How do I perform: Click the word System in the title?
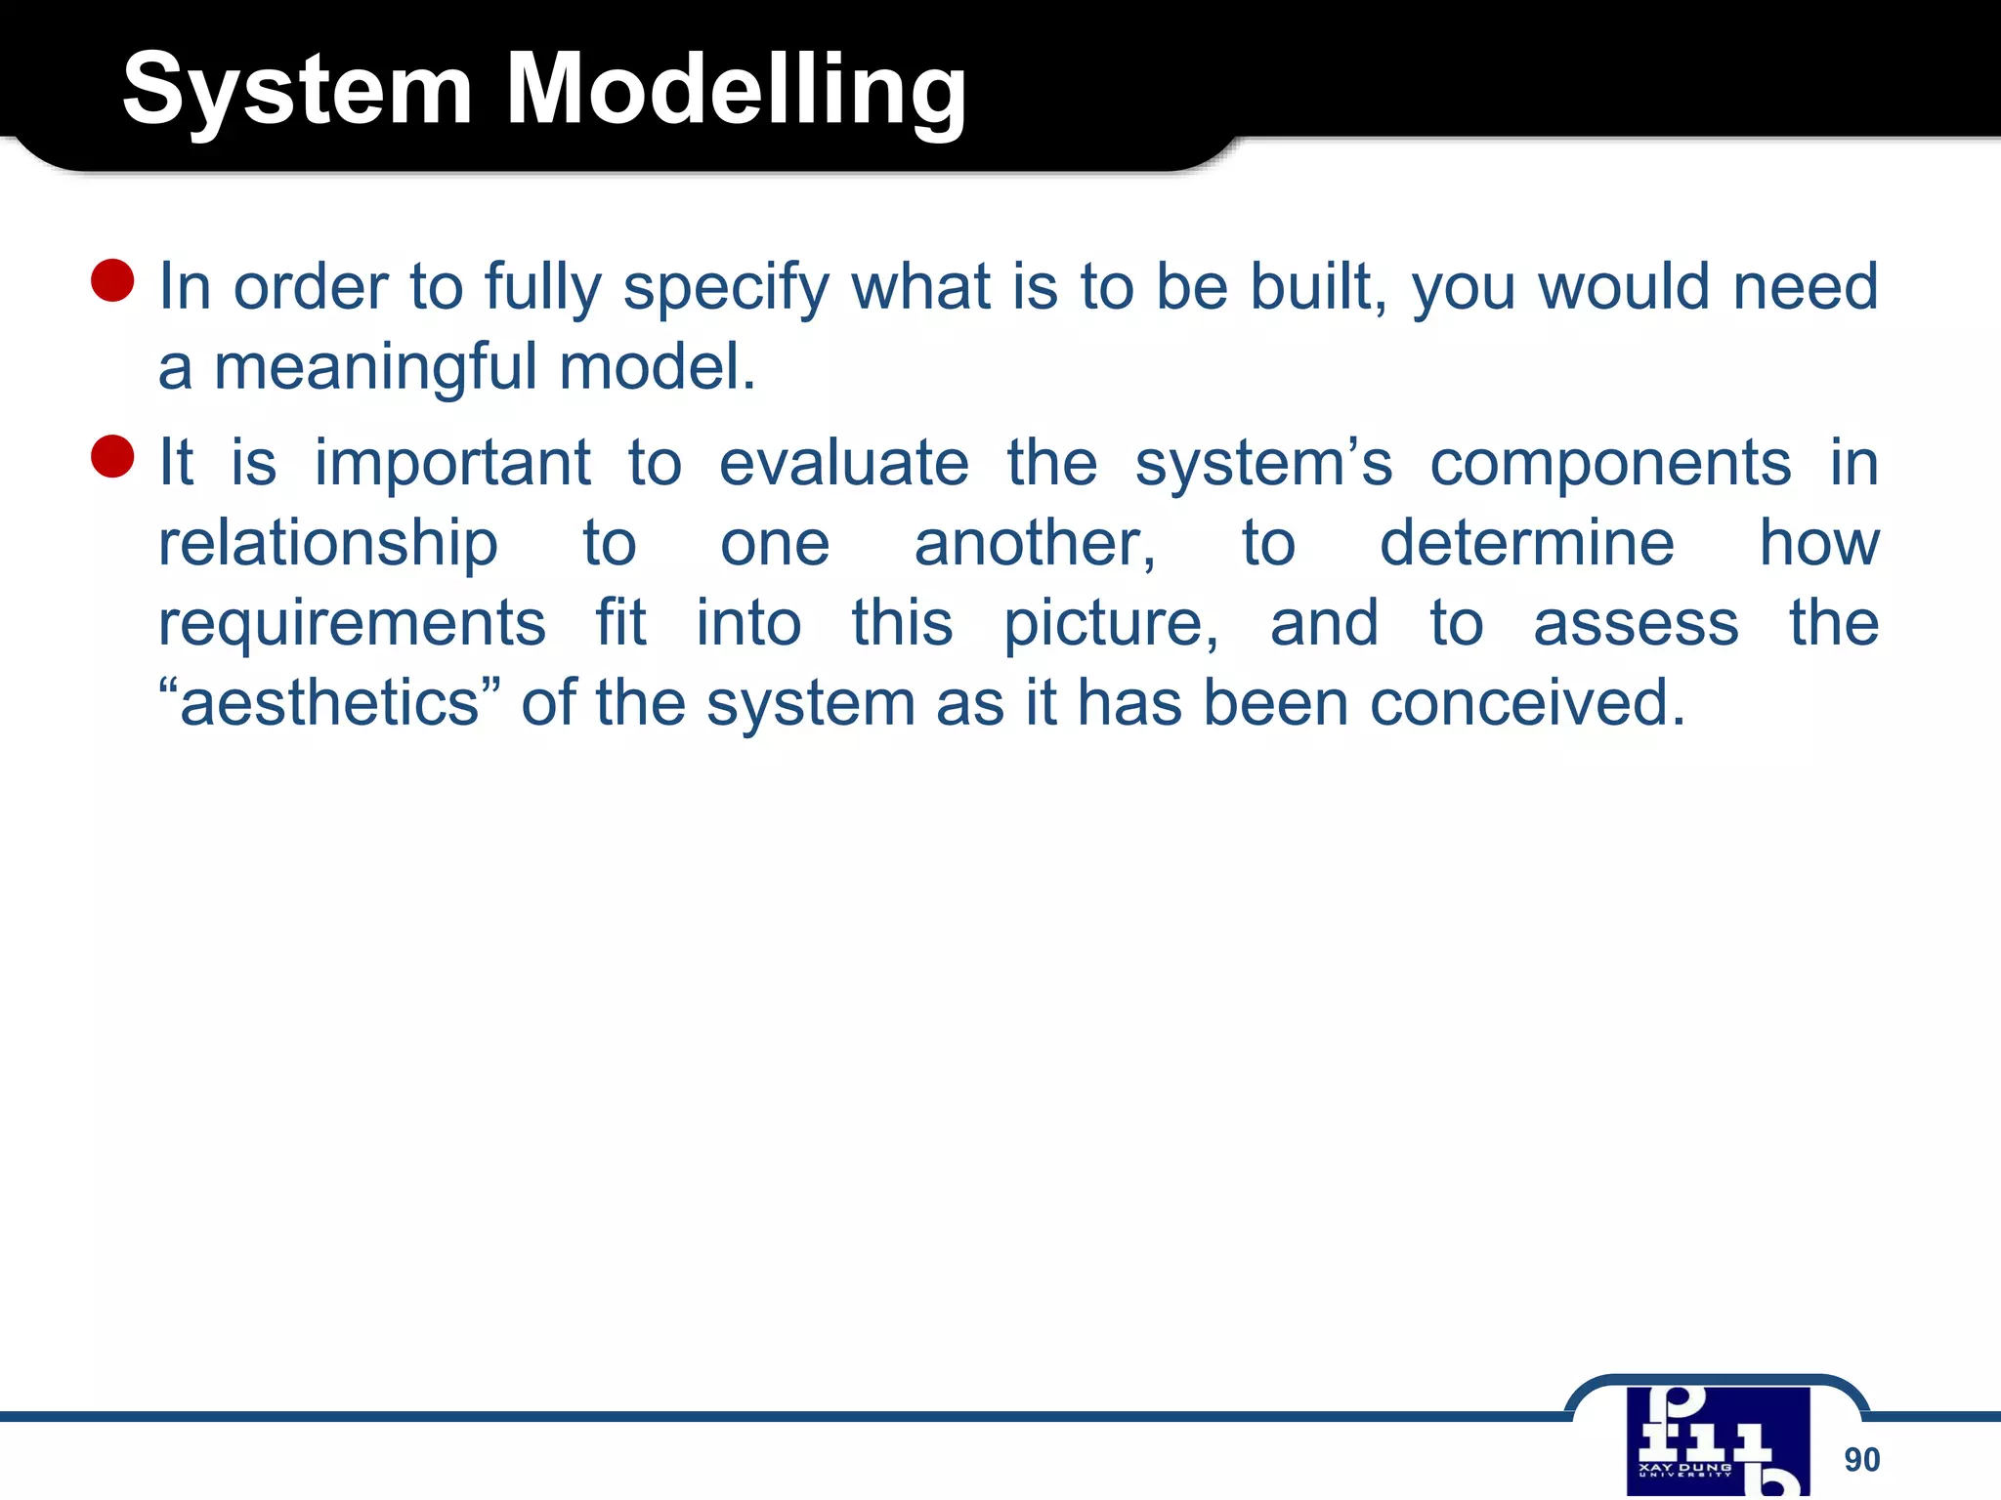point(298,91)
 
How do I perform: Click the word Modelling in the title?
point(736,91)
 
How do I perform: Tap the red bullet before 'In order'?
point(112,281)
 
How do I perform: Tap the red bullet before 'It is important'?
point(112,457)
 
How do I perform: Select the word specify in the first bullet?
point(726,288)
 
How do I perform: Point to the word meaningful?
point(375,367)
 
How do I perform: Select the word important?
point(452,463)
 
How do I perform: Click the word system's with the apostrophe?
point(1263,463)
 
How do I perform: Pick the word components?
point(1610,463)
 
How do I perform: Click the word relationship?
point(328,545)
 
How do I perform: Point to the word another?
point(1035,543)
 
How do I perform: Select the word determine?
point(1526,543)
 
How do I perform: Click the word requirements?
point(352,625)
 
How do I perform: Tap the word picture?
point(1111,625)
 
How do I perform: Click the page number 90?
point(1861,1460)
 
